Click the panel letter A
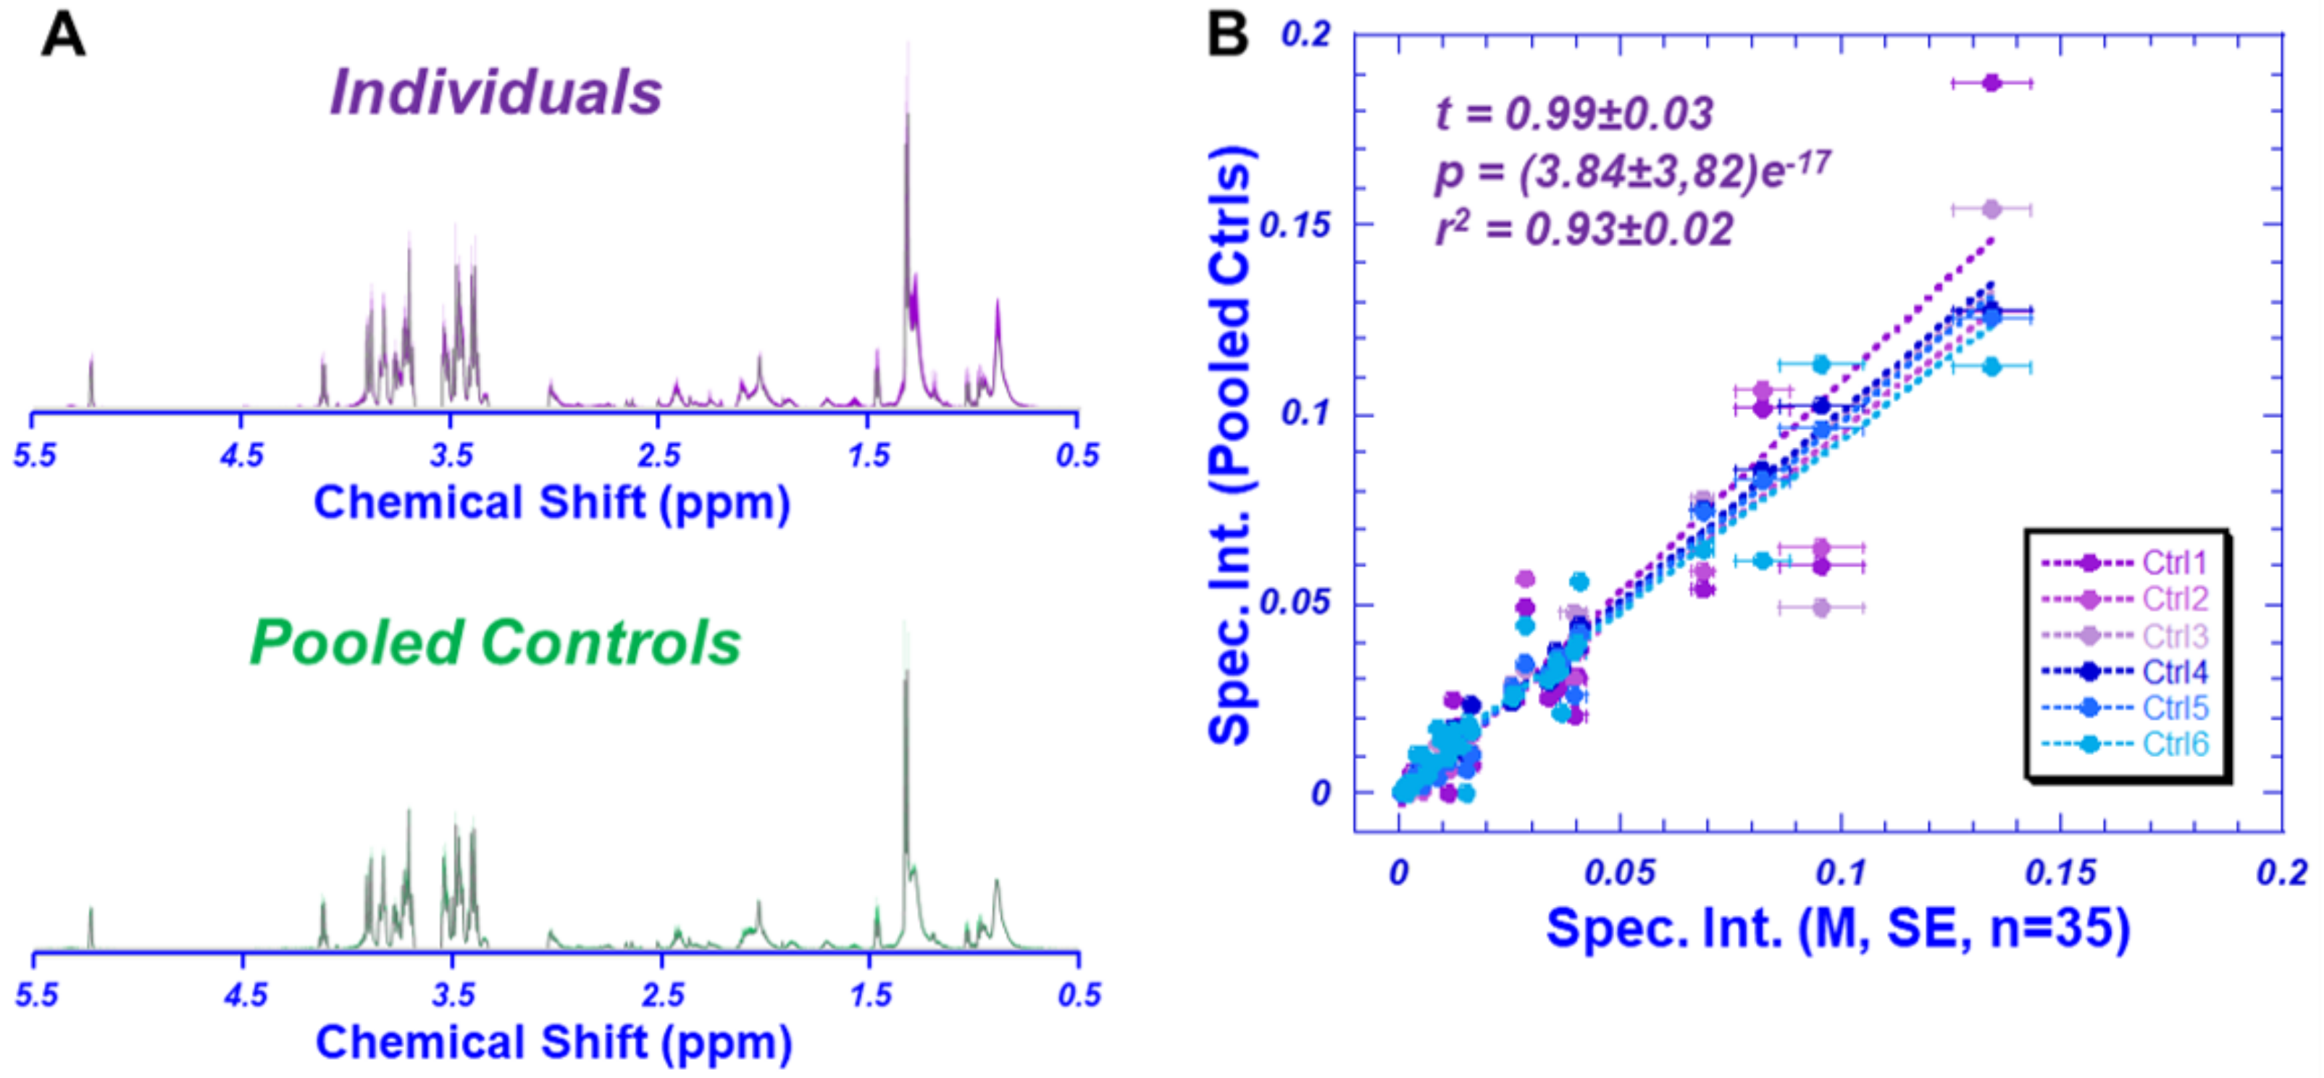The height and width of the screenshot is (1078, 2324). [63, 38]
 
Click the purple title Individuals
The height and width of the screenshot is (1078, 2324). [496, 93]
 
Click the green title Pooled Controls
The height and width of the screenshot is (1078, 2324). [494, 643]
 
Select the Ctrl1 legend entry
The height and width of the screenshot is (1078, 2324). [2174, 563]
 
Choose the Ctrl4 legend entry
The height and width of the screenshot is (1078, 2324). [2174, 672]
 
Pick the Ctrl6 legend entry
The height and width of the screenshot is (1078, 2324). [2174, 744]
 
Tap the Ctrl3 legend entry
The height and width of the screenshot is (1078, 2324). [2174, 636]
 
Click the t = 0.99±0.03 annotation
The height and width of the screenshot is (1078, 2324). [1573, 114]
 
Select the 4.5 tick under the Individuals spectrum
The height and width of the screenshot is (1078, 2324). [242, 455]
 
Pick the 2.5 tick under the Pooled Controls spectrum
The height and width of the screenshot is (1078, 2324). [662, 995]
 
